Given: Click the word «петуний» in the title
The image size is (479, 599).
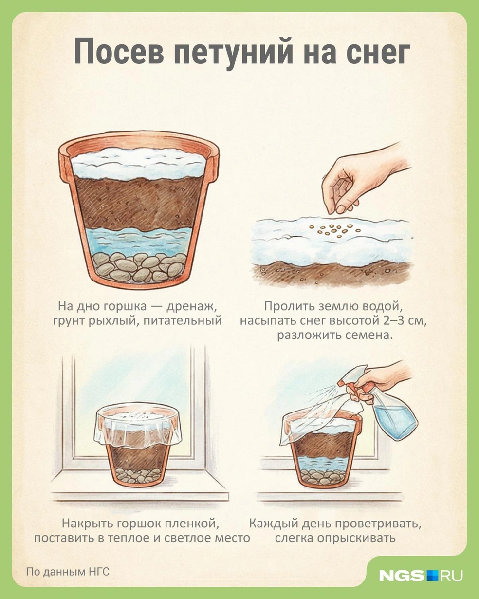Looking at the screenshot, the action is click(233, 54).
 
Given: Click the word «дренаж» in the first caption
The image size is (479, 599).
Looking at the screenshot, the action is click(191, 307).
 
